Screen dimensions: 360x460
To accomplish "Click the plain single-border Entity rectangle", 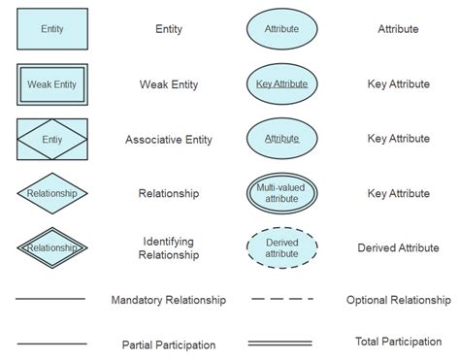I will coord(52,29).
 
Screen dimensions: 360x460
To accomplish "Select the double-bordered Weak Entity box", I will coord(52,84).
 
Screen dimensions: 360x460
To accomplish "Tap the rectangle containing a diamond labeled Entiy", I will coord(52,140).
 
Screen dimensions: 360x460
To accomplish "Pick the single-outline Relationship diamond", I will coord(52,193).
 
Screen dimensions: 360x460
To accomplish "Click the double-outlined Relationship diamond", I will coord(52,247).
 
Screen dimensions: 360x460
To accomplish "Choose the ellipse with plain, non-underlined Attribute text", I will coord(281,29).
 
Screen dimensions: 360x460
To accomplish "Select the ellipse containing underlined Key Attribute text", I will coord(281,84).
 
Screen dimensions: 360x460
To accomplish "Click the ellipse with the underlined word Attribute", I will coord(281,139).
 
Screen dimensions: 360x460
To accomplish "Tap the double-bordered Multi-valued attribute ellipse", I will coord(281,193).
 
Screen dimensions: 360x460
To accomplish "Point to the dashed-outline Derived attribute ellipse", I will coord(281,247).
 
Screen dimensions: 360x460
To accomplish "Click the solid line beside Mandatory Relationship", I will coord(51,300).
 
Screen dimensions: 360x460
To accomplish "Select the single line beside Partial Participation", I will coord(51,344).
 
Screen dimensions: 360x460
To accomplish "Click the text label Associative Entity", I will coord(169,140).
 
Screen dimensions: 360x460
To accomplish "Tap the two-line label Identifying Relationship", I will coord(171,247).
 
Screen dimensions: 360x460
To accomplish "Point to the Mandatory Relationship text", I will coord(169,301).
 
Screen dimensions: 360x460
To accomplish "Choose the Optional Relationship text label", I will coord(398,301).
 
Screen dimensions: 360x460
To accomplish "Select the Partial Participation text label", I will coord(169,344).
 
